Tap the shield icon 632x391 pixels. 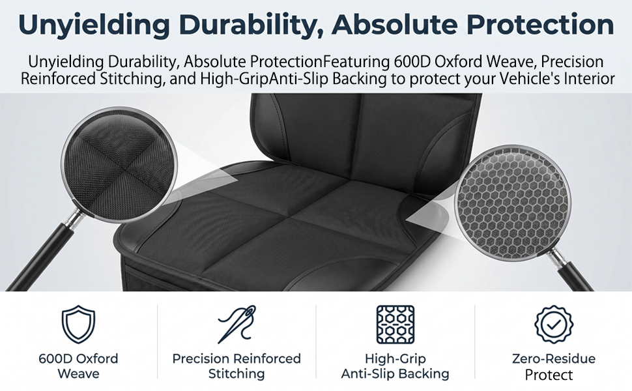(x=78, y=325)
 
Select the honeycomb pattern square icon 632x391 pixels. (x=395, y=325)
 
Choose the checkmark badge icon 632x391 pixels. (x=554, y=325)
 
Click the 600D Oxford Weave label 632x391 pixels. (x=78, y=366)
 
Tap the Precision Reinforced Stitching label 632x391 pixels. (x=237, y=366)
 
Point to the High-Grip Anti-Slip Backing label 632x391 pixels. (x=395, y=366)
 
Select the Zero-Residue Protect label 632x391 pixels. (x=553, y=366)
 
